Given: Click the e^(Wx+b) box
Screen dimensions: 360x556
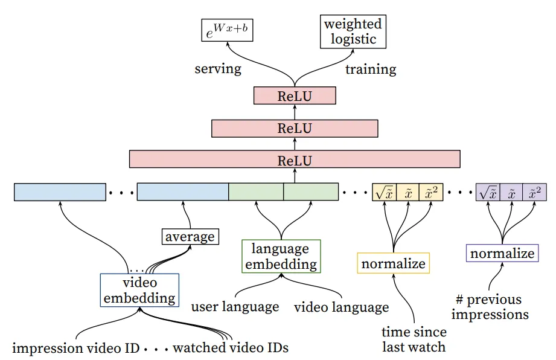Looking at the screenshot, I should click(x=227, y=30).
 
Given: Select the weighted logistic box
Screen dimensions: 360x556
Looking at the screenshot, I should click(x=353, y=32).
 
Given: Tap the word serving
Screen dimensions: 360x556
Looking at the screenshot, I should click(x=218, y=68).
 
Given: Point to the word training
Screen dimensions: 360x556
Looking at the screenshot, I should click(x=371, y=69).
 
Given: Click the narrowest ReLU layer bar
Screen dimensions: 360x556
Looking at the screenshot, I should click(x=295, y=95).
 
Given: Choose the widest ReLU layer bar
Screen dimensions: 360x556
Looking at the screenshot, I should click(x=295, y=160).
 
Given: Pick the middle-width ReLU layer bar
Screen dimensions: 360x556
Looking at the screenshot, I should click(x=295, y=128).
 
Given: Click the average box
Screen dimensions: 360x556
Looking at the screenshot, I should click(x=190, y=236).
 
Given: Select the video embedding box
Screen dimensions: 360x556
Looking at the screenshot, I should click(x=139, y=290).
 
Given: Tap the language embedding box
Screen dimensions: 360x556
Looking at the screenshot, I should click(x=281, y=256).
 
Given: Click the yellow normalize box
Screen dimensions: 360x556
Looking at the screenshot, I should click(x=393, y=263).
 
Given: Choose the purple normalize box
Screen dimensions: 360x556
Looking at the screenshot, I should click(x=502, y=253).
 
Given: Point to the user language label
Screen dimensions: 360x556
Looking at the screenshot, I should click(x=235, y=307).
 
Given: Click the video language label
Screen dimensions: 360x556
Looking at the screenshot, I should click(x=341, y=307).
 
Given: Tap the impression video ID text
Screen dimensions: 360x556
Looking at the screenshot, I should click(x=75, y=348).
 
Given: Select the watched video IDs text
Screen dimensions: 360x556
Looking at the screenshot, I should click(x=231, y=348).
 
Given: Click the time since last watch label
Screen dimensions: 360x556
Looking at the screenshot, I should click(x=414, y=339).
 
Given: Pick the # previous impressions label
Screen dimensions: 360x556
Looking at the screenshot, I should click(x=489, y=307).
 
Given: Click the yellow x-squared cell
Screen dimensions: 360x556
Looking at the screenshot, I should click(x=430, y=191).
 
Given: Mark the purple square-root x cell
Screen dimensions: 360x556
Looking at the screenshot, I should click(x=488, y=191).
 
